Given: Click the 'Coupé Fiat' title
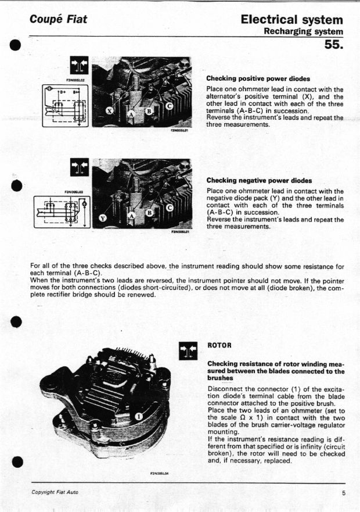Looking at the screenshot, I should [x=59, y=19].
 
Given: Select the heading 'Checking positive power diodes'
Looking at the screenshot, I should [x=258, y=78].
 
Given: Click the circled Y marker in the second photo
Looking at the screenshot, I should [x=103, y=218].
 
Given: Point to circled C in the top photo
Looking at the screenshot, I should [x=170, y=106].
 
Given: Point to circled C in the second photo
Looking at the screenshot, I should [x=170, y=207].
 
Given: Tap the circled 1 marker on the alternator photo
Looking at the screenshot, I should [x=139, y=416].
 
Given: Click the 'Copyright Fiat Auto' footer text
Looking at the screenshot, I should [x=55, y=492].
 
